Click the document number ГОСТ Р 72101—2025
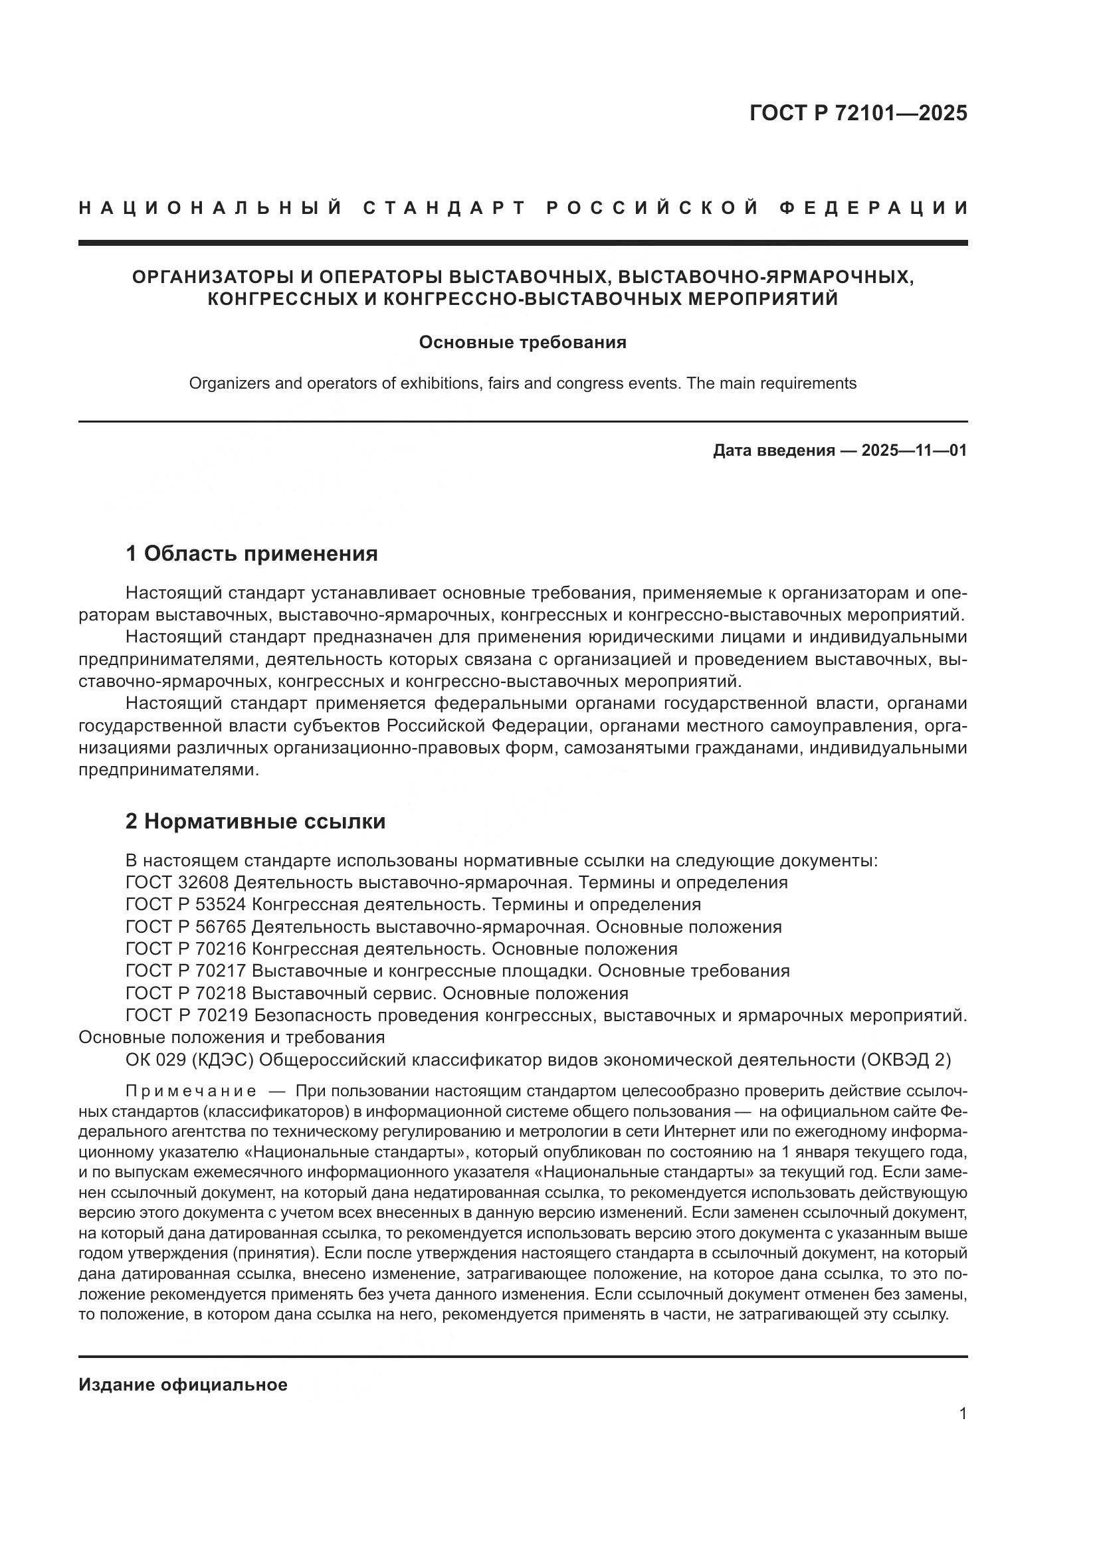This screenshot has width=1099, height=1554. tap(858, 113)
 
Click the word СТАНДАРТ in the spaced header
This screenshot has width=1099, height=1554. tap(445, 208)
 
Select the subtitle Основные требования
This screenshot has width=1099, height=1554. tap(522, 342)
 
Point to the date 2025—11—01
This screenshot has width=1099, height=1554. tap(914, 450)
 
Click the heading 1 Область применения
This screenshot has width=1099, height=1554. tap(252, 553)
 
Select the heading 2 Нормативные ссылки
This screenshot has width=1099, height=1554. tap(256, 822)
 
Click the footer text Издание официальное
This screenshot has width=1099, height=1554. tap(183, 1385)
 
